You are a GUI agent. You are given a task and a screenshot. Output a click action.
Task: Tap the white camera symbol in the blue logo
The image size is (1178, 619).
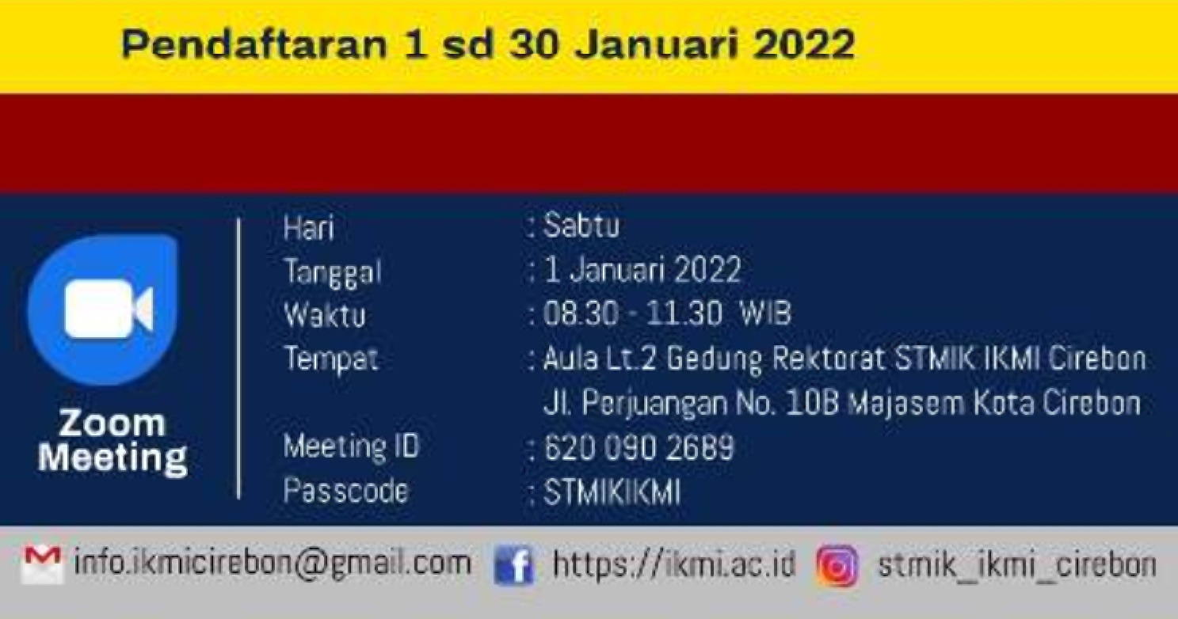pyautogui.click(x=109, y=309)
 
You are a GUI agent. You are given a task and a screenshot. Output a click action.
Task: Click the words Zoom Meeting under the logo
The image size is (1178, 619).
pyautogui.click(x=112, y=442)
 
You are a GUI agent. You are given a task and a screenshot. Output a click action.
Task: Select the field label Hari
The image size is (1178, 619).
pyautogui.click(x=309, y=229)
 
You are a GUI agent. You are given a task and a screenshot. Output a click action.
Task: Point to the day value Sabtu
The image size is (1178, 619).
pyautogui.click(x=581, y=226)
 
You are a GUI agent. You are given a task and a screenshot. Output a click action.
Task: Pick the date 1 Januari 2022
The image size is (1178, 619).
pyautogui.click(x=642, y=270)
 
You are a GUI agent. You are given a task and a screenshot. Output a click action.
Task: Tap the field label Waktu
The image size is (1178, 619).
pyautogui.click(x=325, y=315)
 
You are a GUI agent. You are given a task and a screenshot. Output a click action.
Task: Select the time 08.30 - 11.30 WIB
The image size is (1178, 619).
pyautogui.click(x=667, y=313)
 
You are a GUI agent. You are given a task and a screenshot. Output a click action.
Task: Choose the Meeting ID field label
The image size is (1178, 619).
pyautogui.click(x=351, y=447)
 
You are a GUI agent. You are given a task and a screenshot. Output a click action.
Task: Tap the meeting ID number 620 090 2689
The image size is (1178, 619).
pyautogui.click(x=639, y=447)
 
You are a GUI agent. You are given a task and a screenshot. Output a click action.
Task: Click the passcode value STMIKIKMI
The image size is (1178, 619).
pyautogui.click(x=612, y=492)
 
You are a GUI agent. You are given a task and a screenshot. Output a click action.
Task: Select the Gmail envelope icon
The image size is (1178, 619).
pyautogui.click(x=41, y=565)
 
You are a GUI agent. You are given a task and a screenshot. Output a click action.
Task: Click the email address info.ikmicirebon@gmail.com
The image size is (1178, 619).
pyautogui.click(x=273, y=564)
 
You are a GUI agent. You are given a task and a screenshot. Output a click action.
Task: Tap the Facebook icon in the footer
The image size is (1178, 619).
pyautogui.click(x=514, y=565)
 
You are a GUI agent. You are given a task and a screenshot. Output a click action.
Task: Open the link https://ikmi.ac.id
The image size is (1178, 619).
pyautogui.click(x=673, y=564)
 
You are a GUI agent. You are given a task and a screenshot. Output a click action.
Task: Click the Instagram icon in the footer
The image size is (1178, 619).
pyautogui.click(x=837, y=565)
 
